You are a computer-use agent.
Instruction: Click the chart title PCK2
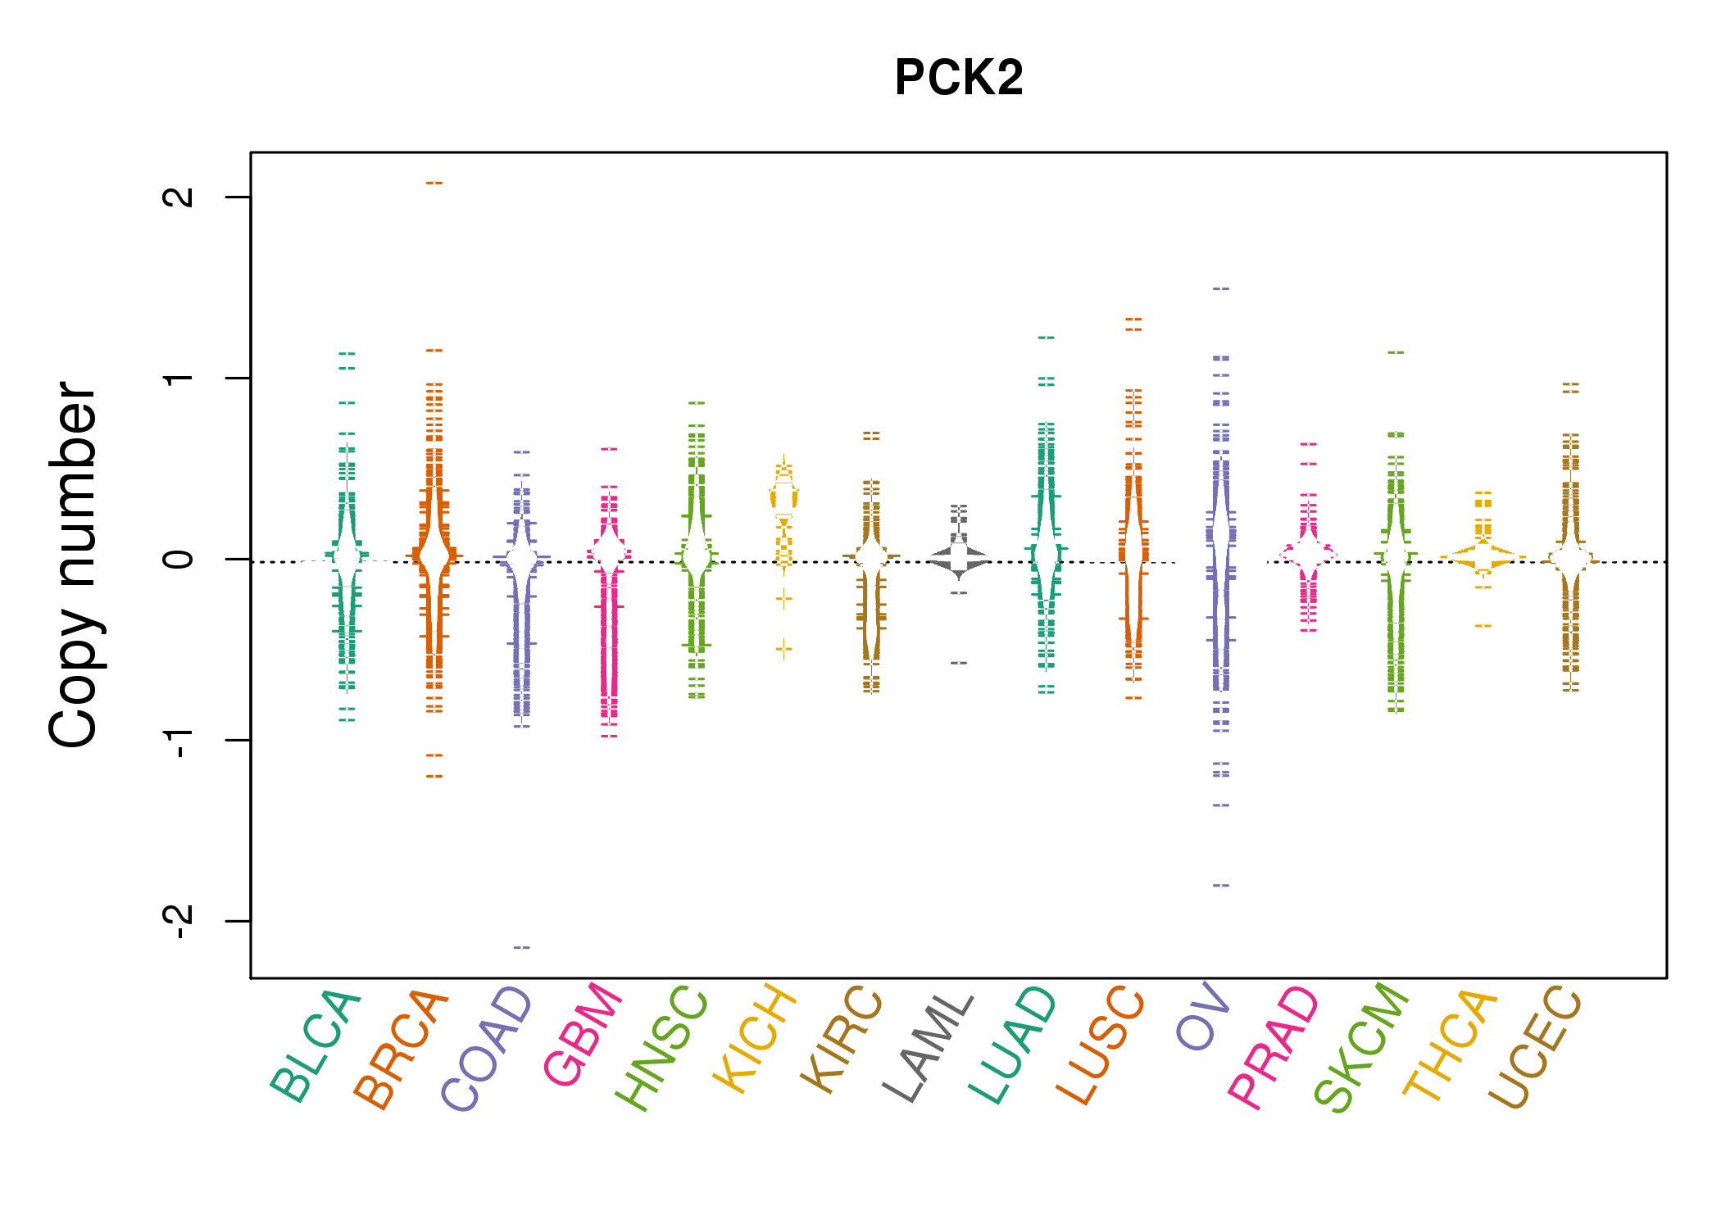pyautogui.click(x=959, y=78)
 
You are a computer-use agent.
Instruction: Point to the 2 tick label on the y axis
pyautogui.click(x=179, y=197)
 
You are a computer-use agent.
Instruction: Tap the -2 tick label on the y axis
pyautogui.click(x=179, y=921)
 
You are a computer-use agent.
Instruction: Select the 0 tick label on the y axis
pyautogui.click(x=179, y=559)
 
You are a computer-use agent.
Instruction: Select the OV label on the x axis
pyautogui.click(x=1203, y=1016)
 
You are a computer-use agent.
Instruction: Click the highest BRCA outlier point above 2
pyautogui.click(x=434, y=183)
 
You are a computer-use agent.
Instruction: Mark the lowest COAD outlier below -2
pyautogui.click(x=522, y=947)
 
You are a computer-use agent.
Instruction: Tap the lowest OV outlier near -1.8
pyautogui.click(x=1221, y=885)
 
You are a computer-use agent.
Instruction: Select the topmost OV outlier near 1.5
pyautogui.click(x=1221, y=288)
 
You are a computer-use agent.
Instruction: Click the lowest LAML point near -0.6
pyautogui.click(x=959, y=662)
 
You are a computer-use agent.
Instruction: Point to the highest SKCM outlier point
pyautogui.click(x=1396, y=352)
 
